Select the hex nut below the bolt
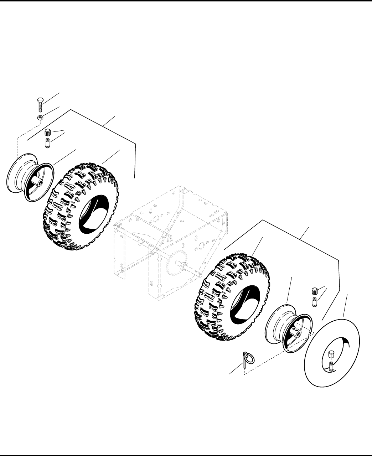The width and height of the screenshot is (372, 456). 41,118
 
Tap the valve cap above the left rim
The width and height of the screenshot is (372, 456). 47,133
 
